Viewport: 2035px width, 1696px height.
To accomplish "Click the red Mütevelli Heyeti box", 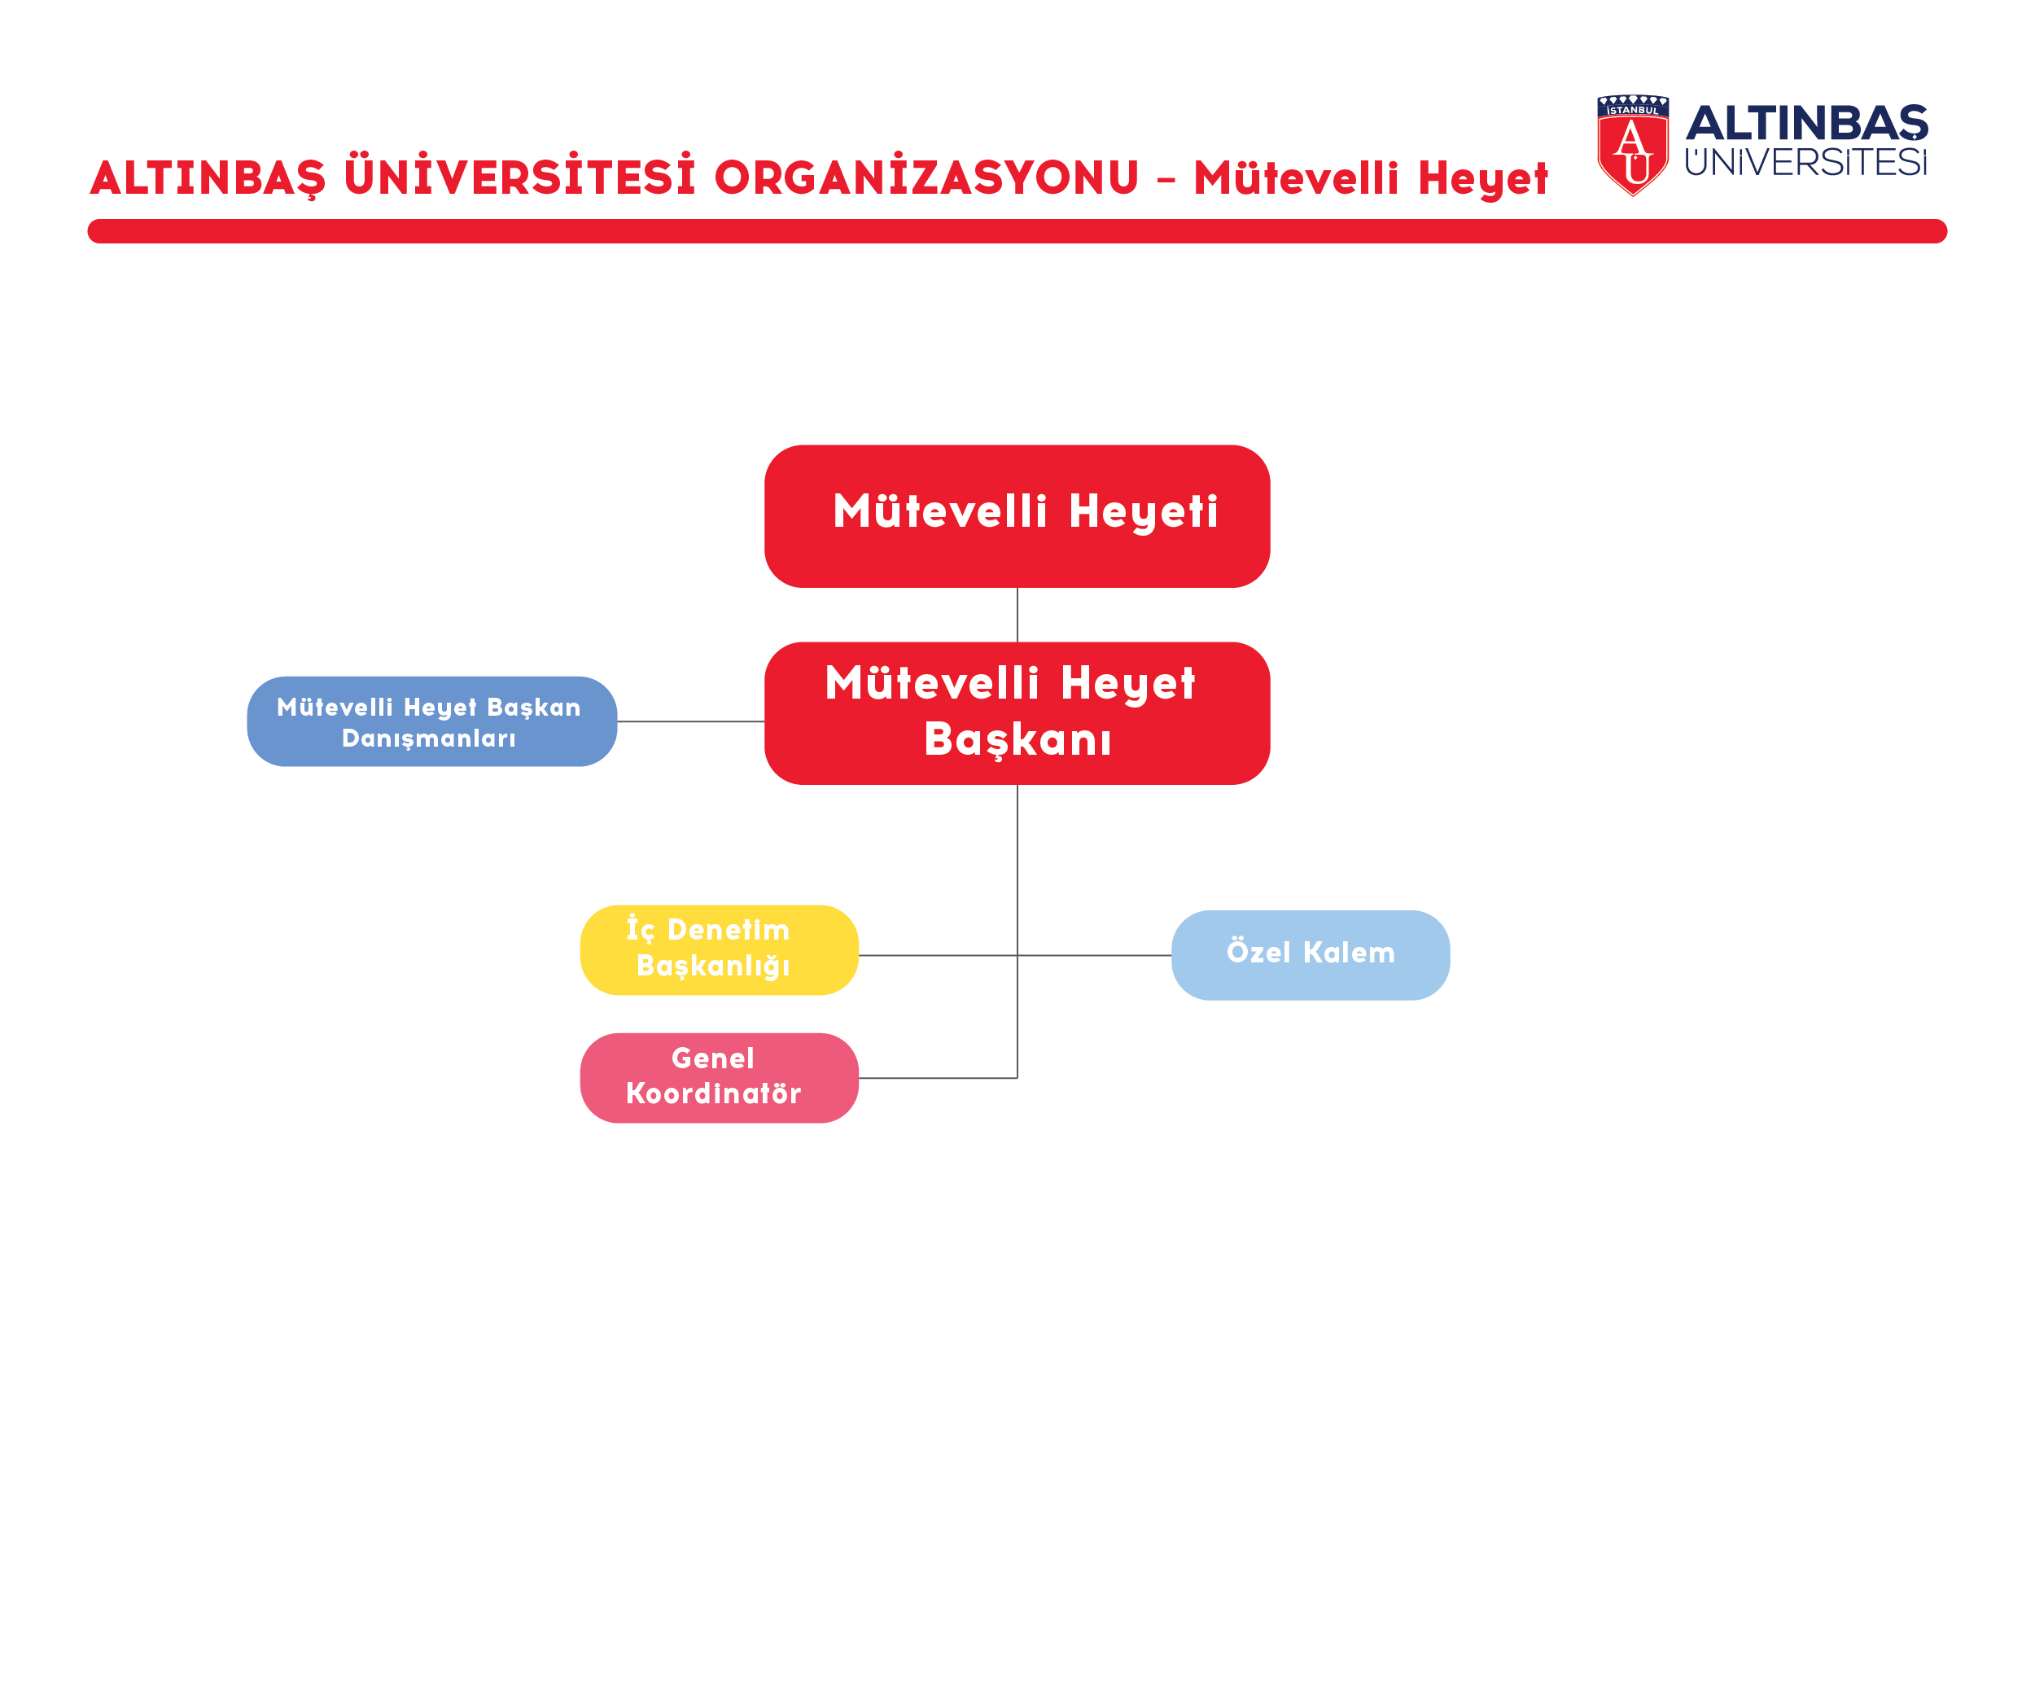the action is pyautogui.click(x=1017, y=516).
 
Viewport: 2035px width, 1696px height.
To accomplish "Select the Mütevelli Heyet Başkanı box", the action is pyautogui.click(x=1017, y=713).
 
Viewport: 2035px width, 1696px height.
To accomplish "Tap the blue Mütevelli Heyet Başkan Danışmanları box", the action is pyautogui.click(x=432, y=722).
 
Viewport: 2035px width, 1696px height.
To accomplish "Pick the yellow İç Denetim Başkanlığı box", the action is pyautogui.click(x=719, y=949).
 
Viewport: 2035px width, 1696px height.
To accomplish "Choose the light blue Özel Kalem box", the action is pyautogui.click(x=1311, y=956).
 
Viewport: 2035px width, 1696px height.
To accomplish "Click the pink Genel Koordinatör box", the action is pyautogui.click(x=719, y=1078).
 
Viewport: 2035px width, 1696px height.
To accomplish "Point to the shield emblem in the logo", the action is pyautogui.click(x=1633, y=146).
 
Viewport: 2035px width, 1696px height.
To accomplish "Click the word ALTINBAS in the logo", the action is pyautogui.click(x=1807, y=123).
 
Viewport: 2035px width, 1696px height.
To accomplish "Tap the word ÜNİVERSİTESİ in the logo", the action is pyautogui.click(x=1806, y=162).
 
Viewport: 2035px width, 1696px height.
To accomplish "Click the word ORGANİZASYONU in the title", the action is pyautogui.click(x=926, y=177).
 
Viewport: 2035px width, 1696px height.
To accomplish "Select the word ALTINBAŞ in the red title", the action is pyautogui.click(x=208, y=178).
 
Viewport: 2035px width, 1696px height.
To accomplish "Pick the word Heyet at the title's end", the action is pyautogui.click(x=1482, y=179).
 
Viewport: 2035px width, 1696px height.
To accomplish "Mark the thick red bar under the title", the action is pyautogui.click(x=1017, y=231).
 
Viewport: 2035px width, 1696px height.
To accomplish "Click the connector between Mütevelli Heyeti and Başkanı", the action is pyautogui.click(x=1017, y=616).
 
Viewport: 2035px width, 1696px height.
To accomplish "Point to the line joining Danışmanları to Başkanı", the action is pyautogui.click(x=691, y=722).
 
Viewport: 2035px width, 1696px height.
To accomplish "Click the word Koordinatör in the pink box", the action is pyautogui.click(x=713, y=1094).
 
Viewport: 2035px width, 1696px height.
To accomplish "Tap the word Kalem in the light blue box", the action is pyautogui.click(x=1349, y=953).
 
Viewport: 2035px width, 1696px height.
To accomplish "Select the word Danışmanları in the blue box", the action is pyautogui.click(x=428, y=738).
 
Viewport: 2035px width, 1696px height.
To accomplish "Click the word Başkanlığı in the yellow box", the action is pyautogui.click(x=713, y=966).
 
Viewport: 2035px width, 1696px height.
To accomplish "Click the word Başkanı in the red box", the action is pyautogui.click(x=1017, y=740).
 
